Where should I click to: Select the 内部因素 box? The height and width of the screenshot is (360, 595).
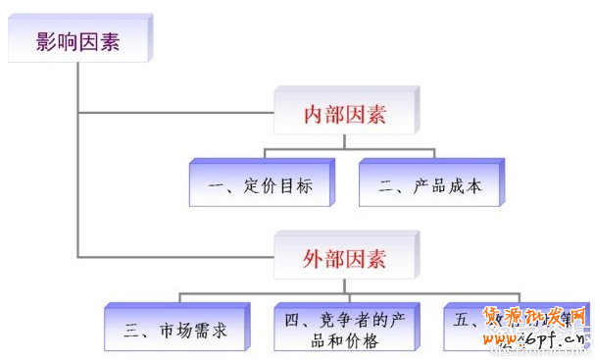[x=344, y=115]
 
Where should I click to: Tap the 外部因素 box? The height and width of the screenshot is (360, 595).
[x=344, y=259]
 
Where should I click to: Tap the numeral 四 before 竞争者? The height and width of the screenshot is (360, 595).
[x=291, y=319]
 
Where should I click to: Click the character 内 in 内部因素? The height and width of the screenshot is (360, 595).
[x=313, y=115]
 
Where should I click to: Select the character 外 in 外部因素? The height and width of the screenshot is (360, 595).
[x=313, y=259]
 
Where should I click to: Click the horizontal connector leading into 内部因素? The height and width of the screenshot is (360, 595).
[x=176, y=113]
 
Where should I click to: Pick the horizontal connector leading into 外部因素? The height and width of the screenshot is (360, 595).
[x=176, y=257]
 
